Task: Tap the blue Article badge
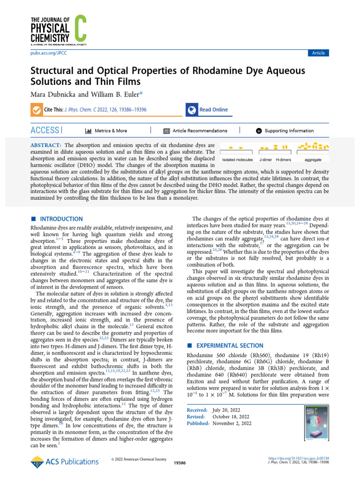point(318,53)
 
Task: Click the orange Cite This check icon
point(36,110)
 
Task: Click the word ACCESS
point(45,130)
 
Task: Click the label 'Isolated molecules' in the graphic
point(237,160)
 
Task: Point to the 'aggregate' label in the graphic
point(313,160)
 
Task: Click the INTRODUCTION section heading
point(61,219)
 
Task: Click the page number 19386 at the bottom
point(180,462)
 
